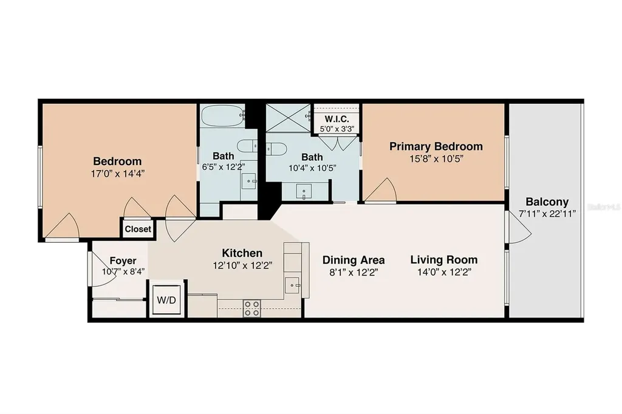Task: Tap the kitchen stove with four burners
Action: point(251,308)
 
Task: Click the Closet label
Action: point(138,229)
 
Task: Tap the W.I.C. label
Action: point(335,119)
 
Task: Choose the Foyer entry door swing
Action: point(96,267)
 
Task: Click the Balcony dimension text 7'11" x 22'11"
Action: point(547,214)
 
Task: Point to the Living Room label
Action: point(443,260)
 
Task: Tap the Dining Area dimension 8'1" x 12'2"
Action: point(345,273)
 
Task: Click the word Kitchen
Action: point(242,253)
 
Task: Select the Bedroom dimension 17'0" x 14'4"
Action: point(117,173)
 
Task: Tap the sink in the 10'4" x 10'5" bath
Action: point(304,191)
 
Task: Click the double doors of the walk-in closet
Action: point(336,143)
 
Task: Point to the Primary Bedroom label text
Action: point(436,146)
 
